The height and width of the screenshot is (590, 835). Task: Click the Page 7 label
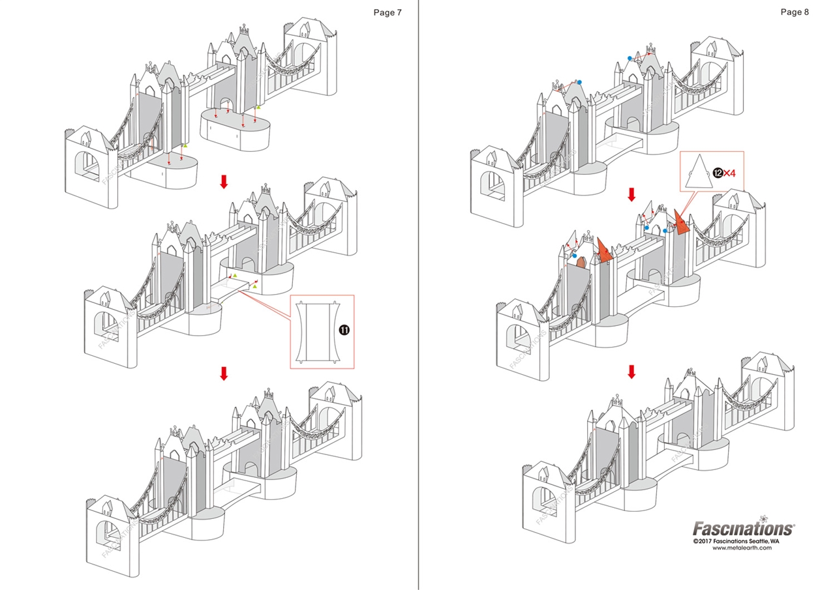pos(387,12)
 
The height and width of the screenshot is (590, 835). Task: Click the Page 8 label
pos(795,12)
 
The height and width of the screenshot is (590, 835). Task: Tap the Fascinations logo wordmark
pos(743,527)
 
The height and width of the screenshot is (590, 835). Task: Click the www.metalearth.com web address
pos(742,548)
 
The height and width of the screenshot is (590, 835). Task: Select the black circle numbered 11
pos(344,331)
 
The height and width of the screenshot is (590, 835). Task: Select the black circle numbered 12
pos(718,173)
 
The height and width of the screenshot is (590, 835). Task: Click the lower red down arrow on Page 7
pos(224,373)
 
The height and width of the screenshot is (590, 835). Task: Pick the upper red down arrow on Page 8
pos(631,194)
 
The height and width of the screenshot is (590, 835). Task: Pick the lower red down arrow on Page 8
pos(631,372)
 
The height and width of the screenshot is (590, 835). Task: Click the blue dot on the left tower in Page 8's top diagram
pos(579,82)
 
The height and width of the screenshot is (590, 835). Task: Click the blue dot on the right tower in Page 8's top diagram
pos(630,58)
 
